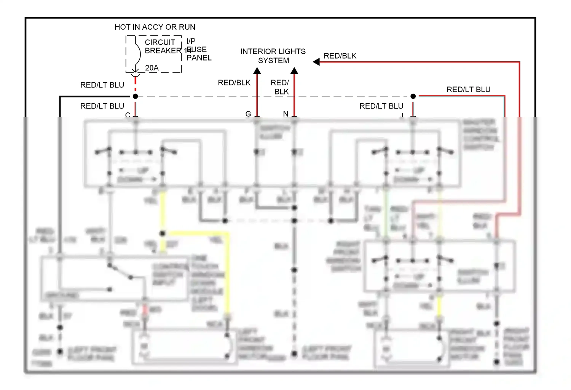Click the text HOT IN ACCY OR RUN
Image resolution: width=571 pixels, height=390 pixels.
[155, 27]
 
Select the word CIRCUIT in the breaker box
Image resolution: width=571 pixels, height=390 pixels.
[160, 42]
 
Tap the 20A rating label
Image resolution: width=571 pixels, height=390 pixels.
[152, 68]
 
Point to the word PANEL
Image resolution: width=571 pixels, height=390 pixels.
[199, 58]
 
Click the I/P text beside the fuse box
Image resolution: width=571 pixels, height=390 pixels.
[191, 41]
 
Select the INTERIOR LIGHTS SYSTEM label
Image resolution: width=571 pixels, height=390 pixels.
[273, 56]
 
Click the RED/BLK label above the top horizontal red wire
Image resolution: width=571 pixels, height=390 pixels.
[340, 56]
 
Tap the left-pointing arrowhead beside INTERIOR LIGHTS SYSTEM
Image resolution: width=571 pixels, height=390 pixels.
[316, 62]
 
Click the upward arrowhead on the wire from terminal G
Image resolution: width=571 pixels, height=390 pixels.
[257, 71]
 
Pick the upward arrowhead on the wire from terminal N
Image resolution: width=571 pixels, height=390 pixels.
[294, 71]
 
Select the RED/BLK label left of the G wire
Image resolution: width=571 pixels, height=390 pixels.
[234, 83]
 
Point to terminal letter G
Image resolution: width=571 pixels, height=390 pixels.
[248, 114]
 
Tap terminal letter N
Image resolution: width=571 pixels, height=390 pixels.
[285, 114]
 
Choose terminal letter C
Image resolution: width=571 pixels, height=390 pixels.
[128, 115]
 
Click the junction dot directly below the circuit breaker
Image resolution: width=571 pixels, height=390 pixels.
[135, 96]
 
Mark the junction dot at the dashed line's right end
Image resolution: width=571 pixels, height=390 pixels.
[413, 96]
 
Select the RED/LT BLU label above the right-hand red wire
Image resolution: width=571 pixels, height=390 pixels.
[468, 90]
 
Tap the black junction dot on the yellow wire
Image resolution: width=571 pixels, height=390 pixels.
[163, 233]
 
